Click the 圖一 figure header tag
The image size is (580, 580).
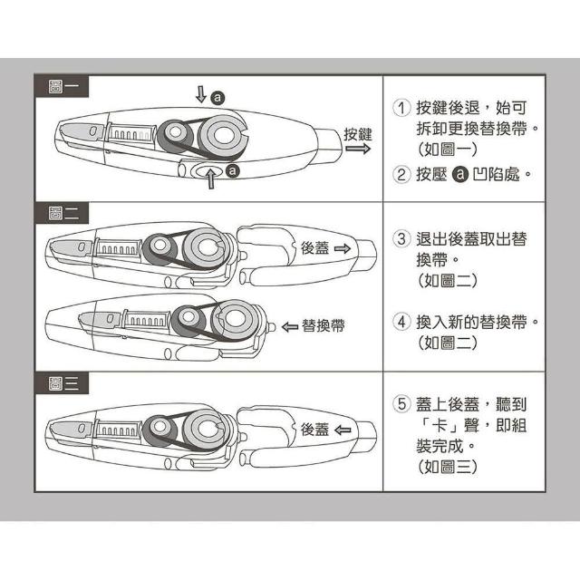coord(62,87)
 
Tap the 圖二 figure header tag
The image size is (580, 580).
coord(62,213)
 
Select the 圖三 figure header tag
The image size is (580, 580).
coord(62,383)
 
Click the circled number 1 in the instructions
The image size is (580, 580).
coord(401,108)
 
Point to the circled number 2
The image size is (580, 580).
coord(401,174)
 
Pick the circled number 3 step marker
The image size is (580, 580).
coord(401,238)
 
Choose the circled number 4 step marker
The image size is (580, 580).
coord(401,322)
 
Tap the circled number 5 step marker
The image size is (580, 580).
coord(401,403)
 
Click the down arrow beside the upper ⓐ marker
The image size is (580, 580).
coord(201,94)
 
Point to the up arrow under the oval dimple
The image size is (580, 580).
coord(211,179)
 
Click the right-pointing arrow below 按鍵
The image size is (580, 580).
coord(358,149)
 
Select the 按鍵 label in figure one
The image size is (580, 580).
coord(358,134)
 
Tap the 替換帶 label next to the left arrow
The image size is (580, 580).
coord(324,326)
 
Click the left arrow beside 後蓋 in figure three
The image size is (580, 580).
coord(343,430)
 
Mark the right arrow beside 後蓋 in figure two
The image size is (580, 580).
coord(343,248)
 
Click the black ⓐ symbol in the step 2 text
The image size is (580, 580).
coord(460,174)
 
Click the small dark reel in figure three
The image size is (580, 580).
coord(159,431)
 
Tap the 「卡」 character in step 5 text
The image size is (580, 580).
coord(440,425)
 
